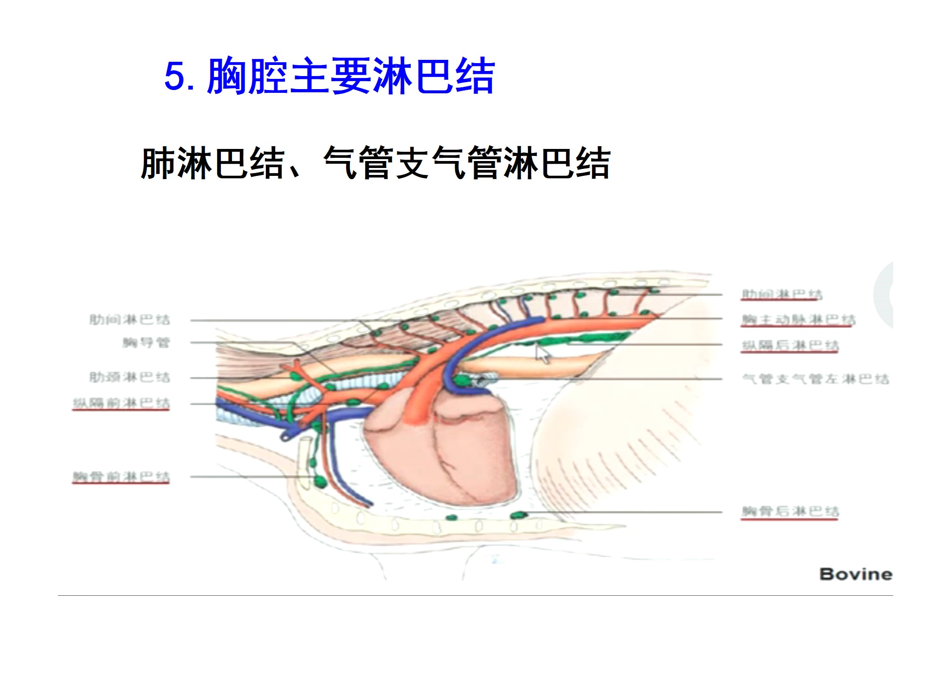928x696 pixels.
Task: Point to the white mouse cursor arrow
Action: [x=543, y=354]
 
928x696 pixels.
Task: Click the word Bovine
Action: [x=856, y=574]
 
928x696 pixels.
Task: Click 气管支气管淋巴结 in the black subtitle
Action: [x=466, y=163]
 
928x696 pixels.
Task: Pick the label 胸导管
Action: [x=146, y=343]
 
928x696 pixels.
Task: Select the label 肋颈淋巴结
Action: [x=129, y=377]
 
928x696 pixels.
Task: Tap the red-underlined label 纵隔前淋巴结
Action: [x=121, y=403]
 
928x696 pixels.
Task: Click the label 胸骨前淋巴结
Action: [x=121, y=477]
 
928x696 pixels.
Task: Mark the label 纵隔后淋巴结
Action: [x=790, y=345]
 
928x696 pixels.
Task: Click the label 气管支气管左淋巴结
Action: [x=815, y=379]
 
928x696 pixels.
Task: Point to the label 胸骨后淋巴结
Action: [x=790, y=511]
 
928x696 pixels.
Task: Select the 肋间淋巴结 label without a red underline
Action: [x=129, y=319]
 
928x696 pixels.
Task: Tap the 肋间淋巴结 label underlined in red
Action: [x=781, y=294]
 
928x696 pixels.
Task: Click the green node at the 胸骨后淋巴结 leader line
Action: [x=518, y=515]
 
